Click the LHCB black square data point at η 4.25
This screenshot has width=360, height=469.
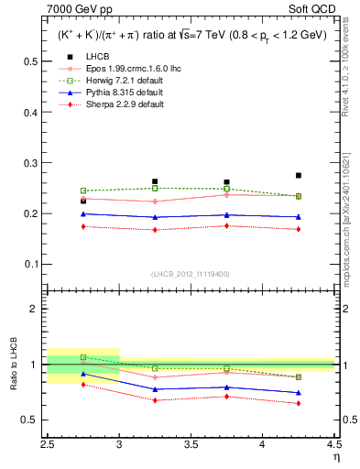(x=299, y=175)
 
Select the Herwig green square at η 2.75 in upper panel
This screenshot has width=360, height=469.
(x=83, y=191)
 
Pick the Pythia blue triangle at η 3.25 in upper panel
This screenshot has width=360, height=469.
(x=155, y=217)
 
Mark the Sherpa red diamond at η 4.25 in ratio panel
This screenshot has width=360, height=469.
(x=299, y=403)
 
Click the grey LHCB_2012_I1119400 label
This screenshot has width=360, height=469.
(x=191, y=274)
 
